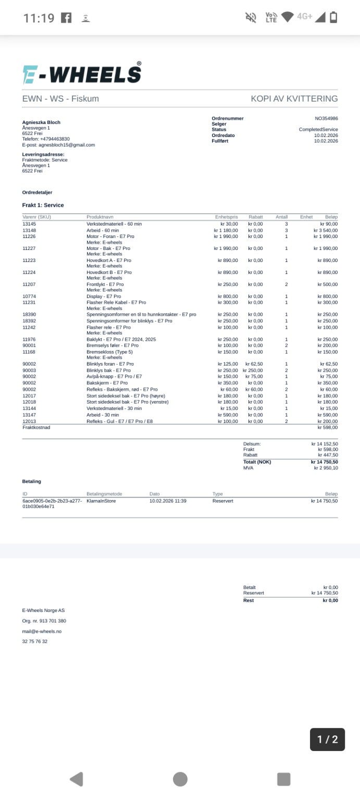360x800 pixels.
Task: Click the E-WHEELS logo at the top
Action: click(x=82, y=73)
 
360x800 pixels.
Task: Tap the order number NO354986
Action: click(x=326, y=118)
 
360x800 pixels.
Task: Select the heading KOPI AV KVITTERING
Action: click(x=294, y=98)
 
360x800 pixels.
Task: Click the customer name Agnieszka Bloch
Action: click(x=41, y=122)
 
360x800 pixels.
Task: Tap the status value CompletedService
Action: click(x=318, y=130)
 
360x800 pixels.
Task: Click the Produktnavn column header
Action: click(x=100, y=217)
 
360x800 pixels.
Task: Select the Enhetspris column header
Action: click(x=226, y=217)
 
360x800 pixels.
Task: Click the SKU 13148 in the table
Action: click(x=29, y=230)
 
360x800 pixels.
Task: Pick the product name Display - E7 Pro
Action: click(x=104, y=296)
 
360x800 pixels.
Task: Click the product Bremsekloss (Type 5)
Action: click(x=109, y=352)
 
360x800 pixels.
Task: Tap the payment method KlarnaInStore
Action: click(x=101, y=501)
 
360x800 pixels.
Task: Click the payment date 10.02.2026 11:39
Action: click(x=168, y=501)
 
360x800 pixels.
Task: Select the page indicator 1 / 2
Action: click(x=327, y=739)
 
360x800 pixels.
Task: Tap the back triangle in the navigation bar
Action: click(x=77, y=779)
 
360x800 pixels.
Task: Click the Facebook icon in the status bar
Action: click(x=66, y=18)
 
